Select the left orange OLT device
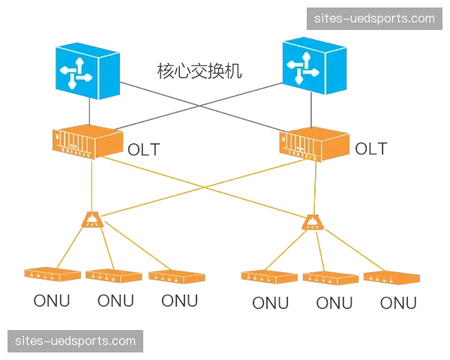[x=87, y=141]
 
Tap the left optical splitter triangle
[x=92, y=219]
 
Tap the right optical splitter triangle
[x=313, y=222]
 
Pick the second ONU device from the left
[x=113, y=275]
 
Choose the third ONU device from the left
[x=177, y=276]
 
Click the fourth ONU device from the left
[x=268, y=277]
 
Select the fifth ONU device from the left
[x=330, y=277]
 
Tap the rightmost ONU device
[x=391, y=277]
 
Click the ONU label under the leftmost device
[x=51, y=301]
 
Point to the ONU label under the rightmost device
[x=399, y=303]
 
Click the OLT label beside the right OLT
[x=370, y=148]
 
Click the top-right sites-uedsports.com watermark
[x=375, y=18]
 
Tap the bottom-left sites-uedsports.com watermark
[x=75, y=341]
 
